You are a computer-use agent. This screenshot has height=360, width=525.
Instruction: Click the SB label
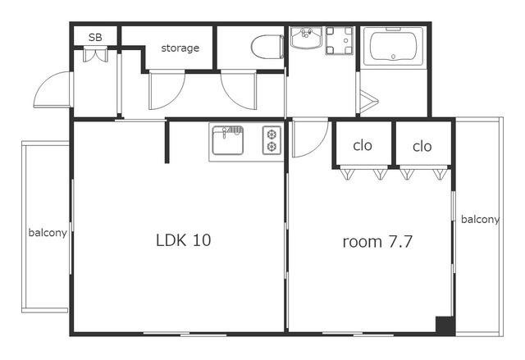tap(95, 37)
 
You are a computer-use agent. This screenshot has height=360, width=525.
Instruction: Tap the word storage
tap(180, 48)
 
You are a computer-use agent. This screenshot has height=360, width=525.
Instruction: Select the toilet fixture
tap(267, 48)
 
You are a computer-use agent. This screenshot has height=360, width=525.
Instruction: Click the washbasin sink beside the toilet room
tap(306, 38)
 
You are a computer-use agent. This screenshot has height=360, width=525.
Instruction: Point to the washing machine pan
tap(339, 40)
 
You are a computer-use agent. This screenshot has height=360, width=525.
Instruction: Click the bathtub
tap(394, 47)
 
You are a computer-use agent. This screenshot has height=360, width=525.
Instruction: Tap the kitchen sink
tap(228, 140)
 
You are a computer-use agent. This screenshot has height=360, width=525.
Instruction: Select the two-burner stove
tap(272, 140)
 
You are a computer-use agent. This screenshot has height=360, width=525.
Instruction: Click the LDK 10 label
tap(184, 240)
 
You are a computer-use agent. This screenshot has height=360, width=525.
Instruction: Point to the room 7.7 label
tap(377, 242)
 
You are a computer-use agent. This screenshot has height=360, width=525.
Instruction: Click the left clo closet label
tap(363, 145)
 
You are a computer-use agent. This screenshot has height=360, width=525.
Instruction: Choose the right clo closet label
tap(422, 146)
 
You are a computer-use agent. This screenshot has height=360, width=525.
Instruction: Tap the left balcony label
tap(48, 233)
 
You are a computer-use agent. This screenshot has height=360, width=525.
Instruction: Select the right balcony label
tap(480, 220)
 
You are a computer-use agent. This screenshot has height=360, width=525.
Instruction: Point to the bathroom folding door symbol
tap(368, 101)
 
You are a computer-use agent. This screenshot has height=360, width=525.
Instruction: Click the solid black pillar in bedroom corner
tap(445, 325)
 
